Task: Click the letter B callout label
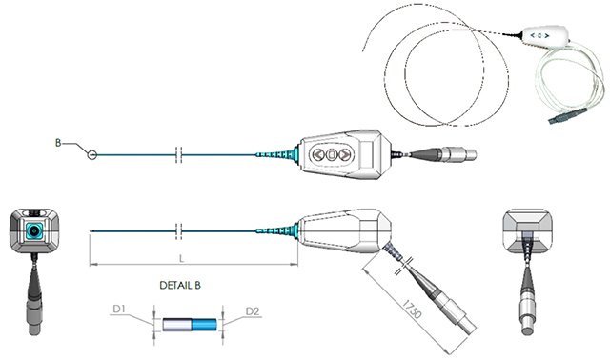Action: coord(58,143)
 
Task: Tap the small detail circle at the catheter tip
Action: coord(91,155)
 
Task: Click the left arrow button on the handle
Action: coord(318,154)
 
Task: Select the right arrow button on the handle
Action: coord(344,154)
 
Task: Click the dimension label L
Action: coord(181,258)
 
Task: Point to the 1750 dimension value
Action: coord(412,310)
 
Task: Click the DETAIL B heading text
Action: coord(180,286)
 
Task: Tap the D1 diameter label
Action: coord(119,309)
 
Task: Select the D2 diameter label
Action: coord(253,311)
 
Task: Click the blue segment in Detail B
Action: coord(204,325)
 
